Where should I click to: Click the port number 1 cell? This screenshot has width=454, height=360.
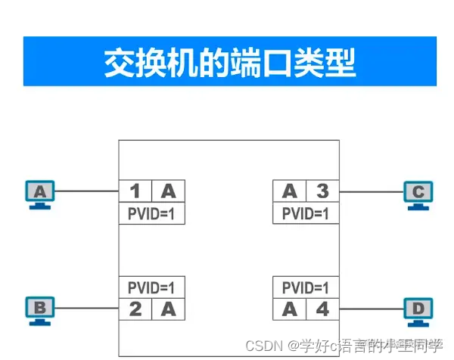(135, 191)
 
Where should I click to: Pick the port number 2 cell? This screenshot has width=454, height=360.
(135, 308)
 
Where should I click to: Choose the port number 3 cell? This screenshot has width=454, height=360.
(321, 191)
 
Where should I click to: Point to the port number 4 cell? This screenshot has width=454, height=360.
(321, 308)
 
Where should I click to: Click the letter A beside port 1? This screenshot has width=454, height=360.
(168, 191)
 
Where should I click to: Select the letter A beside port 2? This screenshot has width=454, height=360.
(168, 308)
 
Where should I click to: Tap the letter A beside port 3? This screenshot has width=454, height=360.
(289, 191)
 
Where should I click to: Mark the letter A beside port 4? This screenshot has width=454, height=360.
(289, 308)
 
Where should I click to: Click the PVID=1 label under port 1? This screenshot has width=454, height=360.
(152, 213)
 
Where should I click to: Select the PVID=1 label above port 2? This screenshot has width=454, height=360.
(152, 287)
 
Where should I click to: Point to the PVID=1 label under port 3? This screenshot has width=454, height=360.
(305, 213)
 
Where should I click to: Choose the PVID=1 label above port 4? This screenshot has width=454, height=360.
(305, 287)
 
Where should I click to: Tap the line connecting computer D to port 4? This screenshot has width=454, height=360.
(371, 308)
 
